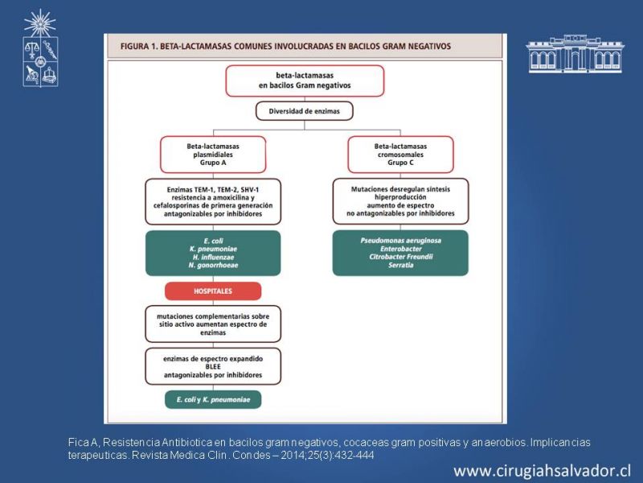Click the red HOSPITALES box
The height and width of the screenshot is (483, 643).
click(x=213, y=291)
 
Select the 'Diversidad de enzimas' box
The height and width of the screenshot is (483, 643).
click(x=305, y=111)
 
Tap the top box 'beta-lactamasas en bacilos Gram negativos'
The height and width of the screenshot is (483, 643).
click(x=305, y=80)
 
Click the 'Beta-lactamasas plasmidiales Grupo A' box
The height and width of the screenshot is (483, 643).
click(x=213, y=154)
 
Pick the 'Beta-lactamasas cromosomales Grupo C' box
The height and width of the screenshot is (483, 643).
click(x=400, y=154)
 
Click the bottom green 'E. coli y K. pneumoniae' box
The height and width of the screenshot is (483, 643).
click(x=213, y=398)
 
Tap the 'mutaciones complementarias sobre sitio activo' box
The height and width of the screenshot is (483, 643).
click(x=213, y=324)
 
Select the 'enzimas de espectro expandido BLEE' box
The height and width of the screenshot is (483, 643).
click(x=213, y=365)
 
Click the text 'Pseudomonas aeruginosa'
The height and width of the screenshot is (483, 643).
click(x=400, y=241)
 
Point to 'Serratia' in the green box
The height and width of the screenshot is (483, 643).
click(x=400, y=265)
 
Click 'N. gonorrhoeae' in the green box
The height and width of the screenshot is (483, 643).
click(x=213, y=265)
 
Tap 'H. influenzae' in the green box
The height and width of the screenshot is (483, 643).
click(x=213, y=257)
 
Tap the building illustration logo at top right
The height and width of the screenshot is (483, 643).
click(x=574, y=55)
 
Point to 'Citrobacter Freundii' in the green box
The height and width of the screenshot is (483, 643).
click(x=400, y=257)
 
